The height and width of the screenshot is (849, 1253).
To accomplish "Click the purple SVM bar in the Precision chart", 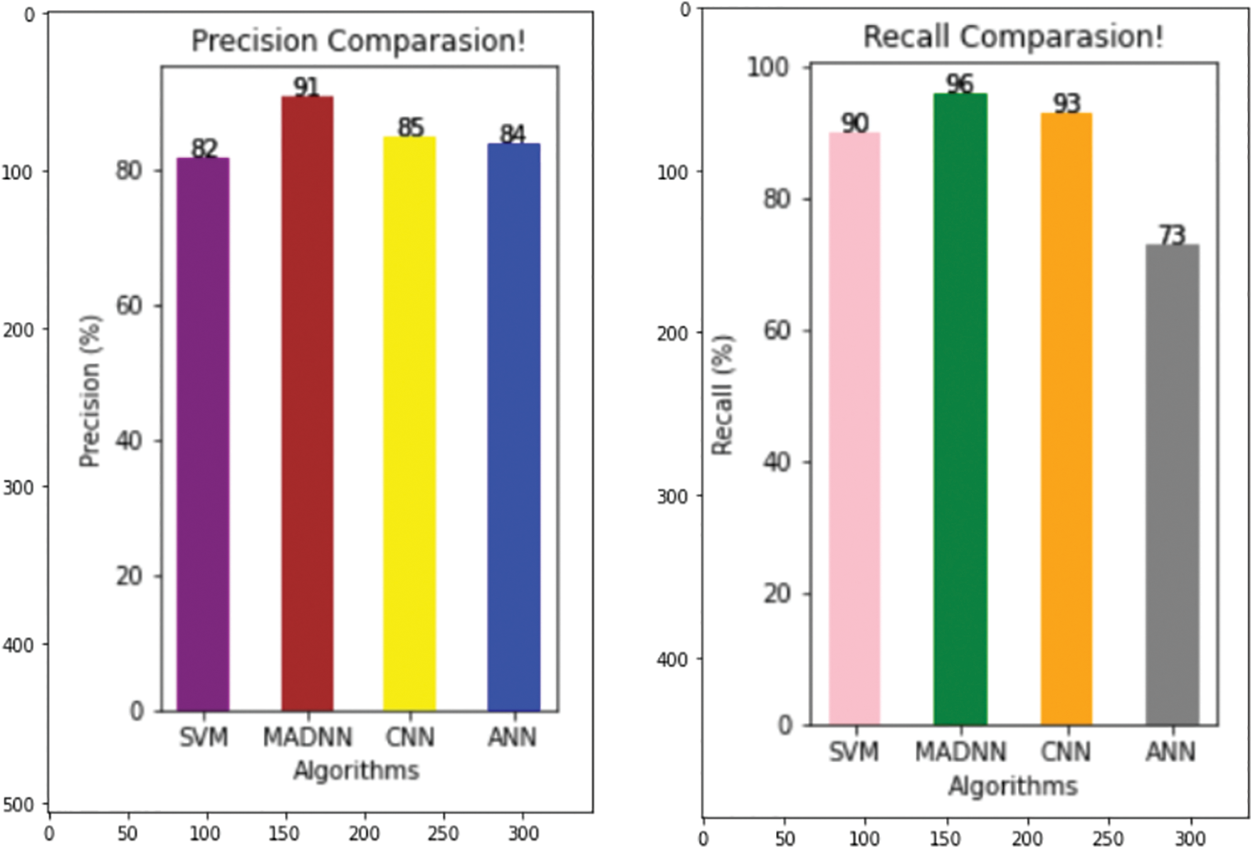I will click(203, 434).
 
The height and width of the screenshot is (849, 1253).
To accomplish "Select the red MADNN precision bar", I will click(307, 404).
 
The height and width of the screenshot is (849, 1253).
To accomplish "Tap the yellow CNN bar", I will click(409, 423).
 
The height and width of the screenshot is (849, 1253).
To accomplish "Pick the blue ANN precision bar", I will click(513, 427).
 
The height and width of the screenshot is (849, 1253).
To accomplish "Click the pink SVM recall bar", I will click(854, 428).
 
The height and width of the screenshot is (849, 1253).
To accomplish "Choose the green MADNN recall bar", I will click(960, 409).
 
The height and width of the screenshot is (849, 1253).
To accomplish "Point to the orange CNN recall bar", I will click(1066, 418).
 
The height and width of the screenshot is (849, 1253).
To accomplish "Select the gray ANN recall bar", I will click(1172, 485).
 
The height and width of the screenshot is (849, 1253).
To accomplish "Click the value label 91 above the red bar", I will click(307, 87).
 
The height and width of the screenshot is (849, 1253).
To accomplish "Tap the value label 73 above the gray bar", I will click(1172, 235).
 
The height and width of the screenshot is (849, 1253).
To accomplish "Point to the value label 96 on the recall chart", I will click(960, 84).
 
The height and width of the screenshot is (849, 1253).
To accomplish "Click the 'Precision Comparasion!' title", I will click(359, 41).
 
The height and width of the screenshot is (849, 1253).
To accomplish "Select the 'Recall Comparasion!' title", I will click(1013, 36).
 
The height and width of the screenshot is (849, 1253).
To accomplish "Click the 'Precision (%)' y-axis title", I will click(90, 391).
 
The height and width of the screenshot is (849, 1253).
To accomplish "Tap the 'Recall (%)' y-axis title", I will click(723, 394).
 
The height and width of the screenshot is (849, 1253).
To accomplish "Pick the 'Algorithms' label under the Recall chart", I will click(1013, 786).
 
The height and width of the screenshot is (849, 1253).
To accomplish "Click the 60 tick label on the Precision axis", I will click(129, 305).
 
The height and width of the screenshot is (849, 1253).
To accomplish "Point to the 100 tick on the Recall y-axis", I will click(768, 67).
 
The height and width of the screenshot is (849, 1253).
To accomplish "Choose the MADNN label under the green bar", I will click(960, 752).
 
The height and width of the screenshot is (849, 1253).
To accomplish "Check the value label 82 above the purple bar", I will click(204, 148).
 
